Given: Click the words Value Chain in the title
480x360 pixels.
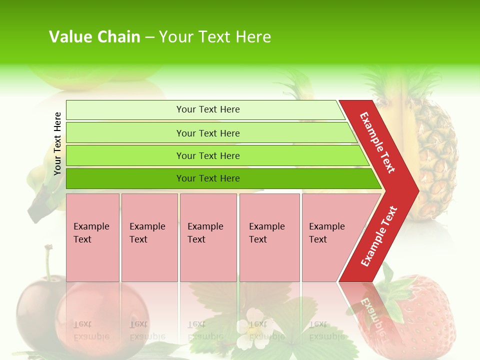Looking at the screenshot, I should [94, 37].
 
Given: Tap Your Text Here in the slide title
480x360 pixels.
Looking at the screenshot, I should [215, 37].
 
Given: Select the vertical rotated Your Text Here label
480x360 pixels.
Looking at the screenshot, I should [57, 143].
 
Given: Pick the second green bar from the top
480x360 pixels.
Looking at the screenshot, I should [207, 133].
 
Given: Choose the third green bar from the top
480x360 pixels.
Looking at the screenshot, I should [207, 155].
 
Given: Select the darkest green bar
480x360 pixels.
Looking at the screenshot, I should [207, 178].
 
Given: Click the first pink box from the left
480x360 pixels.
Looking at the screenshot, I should [92, 237].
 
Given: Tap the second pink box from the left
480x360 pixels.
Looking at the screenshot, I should [149, 237].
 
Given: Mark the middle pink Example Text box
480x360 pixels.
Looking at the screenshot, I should [208, 237].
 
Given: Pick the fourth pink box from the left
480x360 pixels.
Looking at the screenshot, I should [269, 237].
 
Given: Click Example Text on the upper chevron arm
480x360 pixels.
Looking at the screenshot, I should [377, 142].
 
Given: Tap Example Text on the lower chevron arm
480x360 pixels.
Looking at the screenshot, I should [378, 236].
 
